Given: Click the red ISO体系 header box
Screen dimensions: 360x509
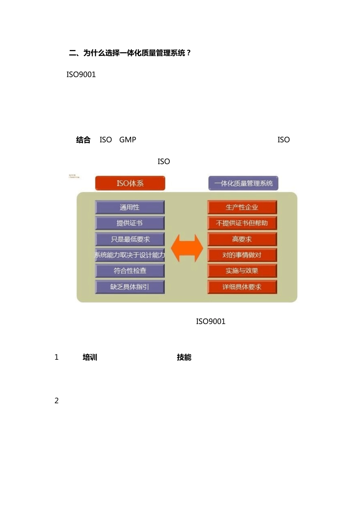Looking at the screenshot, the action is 130,183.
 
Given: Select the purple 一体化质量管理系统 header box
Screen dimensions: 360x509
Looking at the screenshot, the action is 243,183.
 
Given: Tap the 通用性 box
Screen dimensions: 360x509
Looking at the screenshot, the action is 130,207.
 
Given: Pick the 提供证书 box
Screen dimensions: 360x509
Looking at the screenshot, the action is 130,223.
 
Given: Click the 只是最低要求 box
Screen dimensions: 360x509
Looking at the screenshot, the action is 130,239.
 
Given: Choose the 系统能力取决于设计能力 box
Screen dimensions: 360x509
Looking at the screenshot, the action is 130,255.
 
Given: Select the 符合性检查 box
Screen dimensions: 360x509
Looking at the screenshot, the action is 130,271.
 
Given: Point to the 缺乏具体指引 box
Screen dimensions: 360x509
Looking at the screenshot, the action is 130,287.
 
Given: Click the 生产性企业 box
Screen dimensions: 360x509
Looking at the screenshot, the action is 242,207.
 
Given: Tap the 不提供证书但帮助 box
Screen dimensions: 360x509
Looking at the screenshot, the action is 242,223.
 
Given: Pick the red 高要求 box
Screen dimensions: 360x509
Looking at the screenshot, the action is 242,239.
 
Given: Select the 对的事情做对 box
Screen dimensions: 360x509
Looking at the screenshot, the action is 242,255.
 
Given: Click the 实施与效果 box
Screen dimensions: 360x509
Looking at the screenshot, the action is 242,271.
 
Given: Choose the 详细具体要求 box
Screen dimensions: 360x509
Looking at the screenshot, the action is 242,287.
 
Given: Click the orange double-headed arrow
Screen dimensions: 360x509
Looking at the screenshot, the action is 187,248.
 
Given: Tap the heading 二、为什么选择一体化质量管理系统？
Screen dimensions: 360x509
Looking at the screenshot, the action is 130,53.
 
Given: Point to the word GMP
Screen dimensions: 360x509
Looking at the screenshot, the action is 128,140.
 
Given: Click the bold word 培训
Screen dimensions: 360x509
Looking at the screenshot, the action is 90,357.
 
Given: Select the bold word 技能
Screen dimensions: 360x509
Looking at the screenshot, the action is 184,357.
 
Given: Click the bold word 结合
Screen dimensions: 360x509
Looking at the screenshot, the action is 83,140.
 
